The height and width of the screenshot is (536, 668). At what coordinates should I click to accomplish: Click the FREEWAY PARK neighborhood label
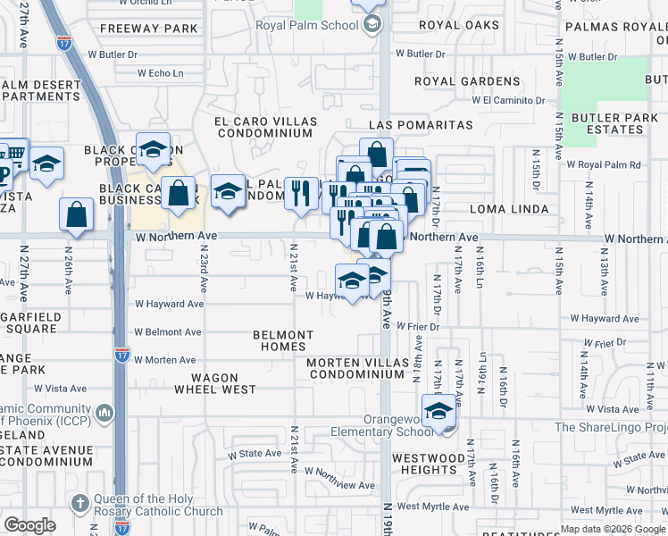click(149, 29)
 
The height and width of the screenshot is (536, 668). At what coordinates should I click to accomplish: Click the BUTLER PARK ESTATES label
click(608, 123)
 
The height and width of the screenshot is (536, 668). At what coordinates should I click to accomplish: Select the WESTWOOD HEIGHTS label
click(425, 464)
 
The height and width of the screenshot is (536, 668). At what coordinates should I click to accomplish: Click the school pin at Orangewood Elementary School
click(438, 412)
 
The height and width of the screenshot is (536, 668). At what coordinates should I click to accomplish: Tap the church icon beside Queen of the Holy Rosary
click(79, 502)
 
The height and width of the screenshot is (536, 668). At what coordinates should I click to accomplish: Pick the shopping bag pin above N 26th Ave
click(77, 214)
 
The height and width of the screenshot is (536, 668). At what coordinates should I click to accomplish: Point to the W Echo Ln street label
click(153, 73)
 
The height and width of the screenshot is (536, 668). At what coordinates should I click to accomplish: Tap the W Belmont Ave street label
click(168, 332)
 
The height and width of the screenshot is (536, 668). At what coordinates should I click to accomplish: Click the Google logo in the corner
click(30, 525)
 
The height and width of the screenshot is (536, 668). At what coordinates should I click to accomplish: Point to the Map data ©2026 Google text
click(612, 529)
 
